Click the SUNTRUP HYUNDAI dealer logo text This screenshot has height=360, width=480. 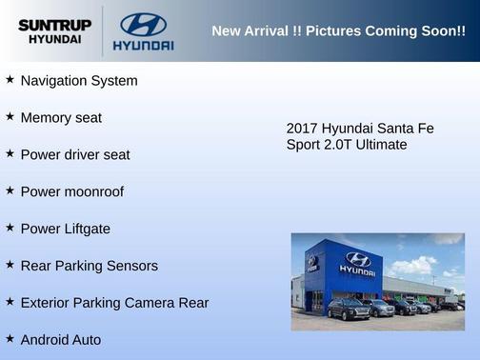pos(54,31)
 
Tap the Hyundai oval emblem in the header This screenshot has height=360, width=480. pos(143,25)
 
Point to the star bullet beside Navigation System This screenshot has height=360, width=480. pos(10,80)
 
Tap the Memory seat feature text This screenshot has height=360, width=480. pos(61,118)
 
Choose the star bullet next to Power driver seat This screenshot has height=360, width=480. pos(10,153)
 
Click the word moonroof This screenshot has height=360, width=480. pos(93,191)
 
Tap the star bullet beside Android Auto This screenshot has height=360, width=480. pos(10,338)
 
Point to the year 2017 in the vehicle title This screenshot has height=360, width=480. pos(302,128)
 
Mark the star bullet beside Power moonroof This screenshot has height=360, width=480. pos(10,190)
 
